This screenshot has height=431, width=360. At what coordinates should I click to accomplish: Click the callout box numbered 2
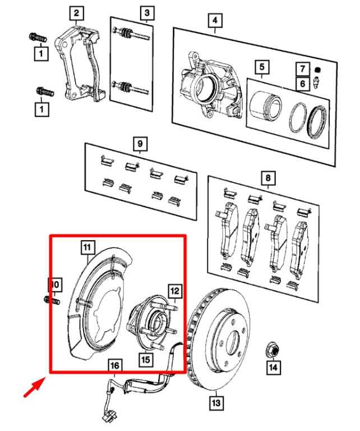point(76,13)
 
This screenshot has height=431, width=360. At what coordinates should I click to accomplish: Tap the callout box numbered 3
point(147,13)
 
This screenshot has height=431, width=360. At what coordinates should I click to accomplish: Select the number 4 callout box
point(215,20)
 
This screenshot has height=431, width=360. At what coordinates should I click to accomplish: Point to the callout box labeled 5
point(262,67)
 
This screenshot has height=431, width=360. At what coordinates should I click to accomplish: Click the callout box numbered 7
point(303,68)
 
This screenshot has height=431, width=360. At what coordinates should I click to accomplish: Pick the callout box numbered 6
point(303,83)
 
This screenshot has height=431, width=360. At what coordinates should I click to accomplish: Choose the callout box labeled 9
point(140,144)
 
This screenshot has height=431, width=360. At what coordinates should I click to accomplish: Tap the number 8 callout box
point(268,178)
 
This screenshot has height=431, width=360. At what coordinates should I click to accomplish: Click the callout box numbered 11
point(87,247)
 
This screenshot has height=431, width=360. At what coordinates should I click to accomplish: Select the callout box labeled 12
point(175,291)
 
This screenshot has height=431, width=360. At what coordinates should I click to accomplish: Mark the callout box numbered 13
point(216,403)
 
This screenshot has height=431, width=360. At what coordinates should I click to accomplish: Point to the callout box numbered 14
point(273,367)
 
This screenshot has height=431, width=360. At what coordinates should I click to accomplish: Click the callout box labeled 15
point(146,359)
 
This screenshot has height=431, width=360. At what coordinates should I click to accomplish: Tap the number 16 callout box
point(115,366)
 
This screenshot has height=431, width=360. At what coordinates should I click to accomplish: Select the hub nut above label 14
point(273,350)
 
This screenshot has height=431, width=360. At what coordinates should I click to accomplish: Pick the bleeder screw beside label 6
point(316,83)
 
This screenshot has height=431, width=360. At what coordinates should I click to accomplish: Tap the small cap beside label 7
point(317,69)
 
